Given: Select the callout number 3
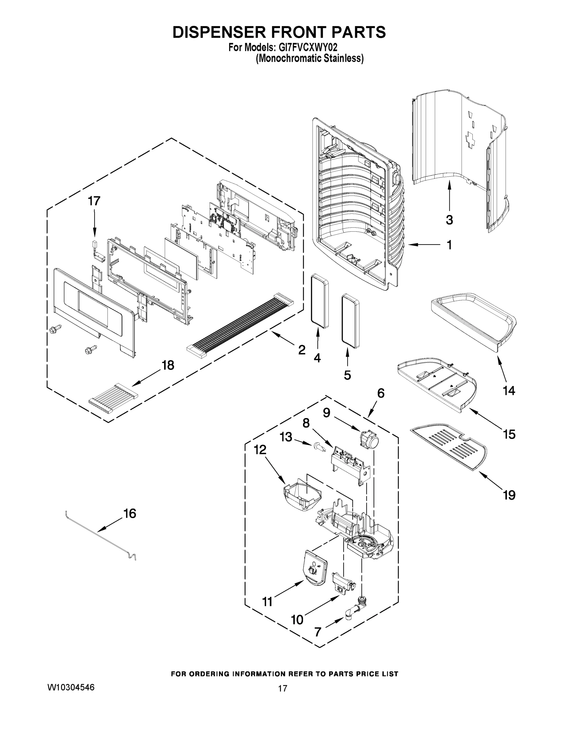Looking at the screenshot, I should [x=449, y=220].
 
